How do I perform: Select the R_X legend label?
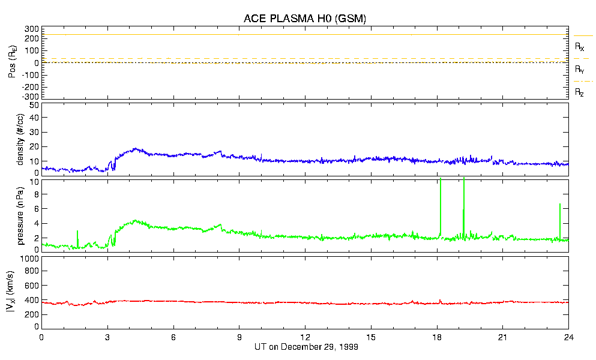click(580, 46)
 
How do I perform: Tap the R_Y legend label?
click(580, 70)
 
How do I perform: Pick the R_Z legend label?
click(580, 92)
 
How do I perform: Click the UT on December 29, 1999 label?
click(305, 347)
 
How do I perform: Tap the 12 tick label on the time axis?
click(305, 337)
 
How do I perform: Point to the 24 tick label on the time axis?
click(568, 337)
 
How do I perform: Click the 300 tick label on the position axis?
click(32, 29)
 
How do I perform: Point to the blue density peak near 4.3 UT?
click(136, 149)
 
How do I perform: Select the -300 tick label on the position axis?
click(30, 96)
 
